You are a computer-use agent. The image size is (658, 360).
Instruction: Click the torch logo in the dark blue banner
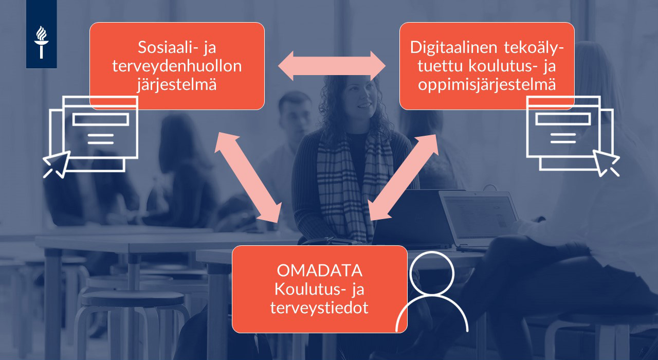(x=42, y=42)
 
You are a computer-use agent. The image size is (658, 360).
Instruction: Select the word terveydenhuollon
(x=177, y=66)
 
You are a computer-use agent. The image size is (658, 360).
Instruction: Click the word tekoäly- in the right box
(x=534, y=48)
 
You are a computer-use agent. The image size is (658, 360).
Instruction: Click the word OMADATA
(x=319, y=271)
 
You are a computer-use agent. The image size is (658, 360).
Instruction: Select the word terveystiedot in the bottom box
(x=319, y=308)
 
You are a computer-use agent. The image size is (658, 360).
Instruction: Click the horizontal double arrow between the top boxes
(x=332, y=66)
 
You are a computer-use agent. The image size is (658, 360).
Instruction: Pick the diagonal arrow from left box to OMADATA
(x=248, y=177)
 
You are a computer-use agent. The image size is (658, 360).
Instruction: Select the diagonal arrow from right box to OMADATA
(x=404, y=177)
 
